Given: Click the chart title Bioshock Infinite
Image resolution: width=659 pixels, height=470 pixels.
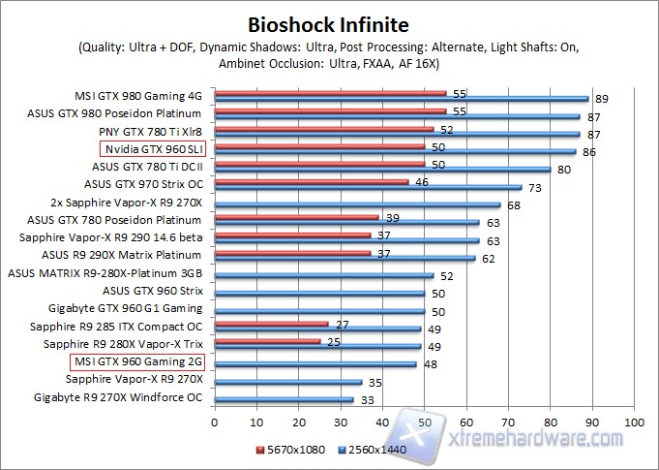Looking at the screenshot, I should pyautogui.click(x=328, y=23).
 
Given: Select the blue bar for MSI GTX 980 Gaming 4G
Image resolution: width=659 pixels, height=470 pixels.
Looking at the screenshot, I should pyautogui.click(x=402, y=99).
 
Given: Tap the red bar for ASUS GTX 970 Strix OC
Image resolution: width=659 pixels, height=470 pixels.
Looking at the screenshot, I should pyautogui.click(x=312, y=181).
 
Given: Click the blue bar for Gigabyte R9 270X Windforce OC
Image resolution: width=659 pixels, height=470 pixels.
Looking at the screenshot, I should pyautogui.click(x=284, y=399).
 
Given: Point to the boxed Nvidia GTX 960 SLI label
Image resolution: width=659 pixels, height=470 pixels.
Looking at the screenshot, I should pyautogui.click(x=153, y=149).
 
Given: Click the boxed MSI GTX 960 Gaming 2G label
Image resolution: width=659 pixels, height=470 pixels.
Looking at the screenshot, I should pyautogui.click(x=138, y=362).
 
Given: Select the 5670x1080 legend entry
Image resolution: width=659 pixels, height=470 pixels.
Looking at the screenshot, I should pyautogui.click(x=291, y=449).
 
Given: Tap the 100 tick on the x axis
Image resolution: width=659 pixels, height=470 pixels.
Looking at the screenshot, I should pyautogui.click(x=634, y=423).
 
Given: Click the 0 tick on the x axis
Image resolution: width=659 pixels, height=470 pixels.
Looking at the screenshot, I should pyautogui.click(x=215, y=423).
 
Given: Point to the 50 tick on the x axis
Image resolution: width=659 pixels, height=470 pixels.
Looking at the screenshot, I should pyautogui.click(x=425, y=423).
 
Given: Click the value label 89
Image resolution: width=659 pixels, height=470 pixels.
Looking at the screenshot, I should pyautogui.click(x=601, y=99).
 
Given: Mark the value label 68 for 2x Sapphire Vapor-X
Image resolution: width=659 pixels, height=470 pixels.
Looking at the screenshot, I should pyautogui.click(x=513, y=204).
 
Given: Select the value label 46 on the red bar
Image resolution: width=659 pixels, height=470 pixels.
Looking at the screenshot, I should pyautogui.click(x=422, y=181).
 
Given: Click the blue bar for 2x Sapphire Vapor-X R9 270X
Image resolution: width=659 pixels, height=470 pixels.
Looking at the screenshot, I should pyautogui.click(x=357, y=204).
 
